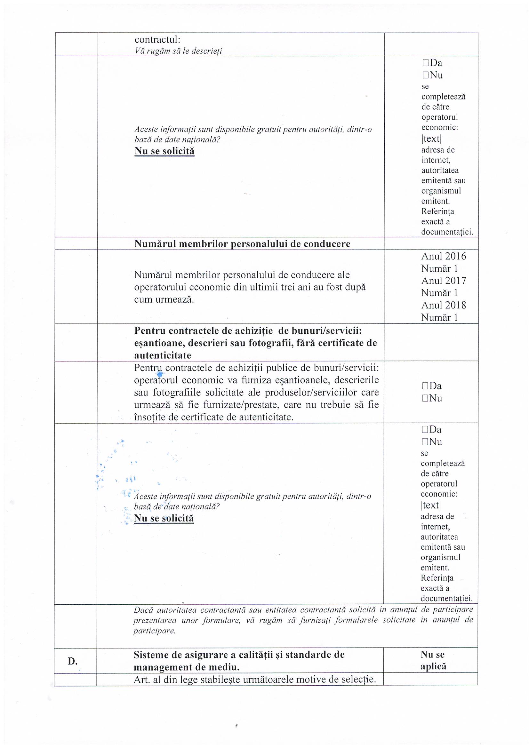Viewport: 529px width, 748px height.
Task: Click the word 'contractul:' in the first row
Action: (157, 40)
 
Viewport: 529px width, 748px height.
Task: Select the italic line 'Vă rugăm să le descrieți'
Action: (178, 51)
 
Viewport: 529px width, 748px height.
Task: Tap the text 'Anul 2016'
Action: (444, 256)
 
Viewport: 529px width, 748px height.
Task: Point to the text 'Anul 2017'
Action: (444, 281)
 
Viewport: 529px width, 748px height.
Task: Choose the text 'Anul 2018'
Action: (444, 305)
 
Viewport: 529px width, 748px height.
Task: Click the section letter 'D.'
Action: (73, 661)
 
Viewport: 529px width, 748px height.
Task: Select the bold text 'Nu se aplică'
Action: (433, 660)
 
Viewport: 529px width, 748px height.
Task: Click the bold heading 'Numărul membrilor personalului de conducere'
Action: (242, 244)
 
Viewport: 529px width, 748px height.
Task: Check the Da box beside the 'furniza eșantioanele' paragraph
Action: (425, 386)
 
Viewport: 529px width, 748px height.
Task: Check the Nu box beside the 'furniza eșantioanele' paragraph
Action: (425, 398)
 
